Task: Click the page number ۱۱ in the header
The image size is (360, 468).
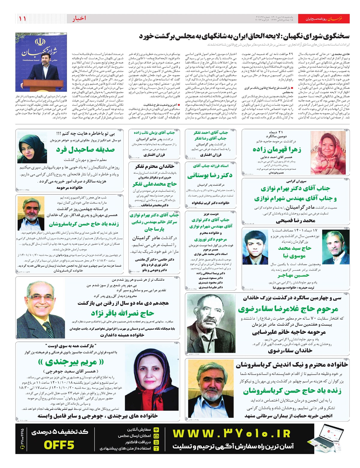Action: click(x=22, y=19)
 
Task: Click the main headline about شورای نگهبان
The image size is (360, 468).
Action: click(x=244, y=36)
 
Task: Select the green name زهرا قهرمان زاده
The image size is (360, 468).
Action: click(x=277, y=149)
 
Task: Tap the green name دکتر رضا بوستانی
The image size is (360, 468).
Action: click(x=210, y=175)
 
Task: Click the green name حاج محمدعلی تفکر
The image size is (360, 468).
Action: click(x=154, y=184)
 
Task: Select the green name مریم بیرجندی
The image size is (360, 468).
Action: click(x=71, y=362)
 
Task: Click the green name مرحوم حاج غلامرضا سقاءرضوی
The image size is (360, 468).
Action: click(x=288, y=309)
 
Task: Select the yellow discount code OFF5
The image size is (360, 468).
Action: click(x=59, y=445)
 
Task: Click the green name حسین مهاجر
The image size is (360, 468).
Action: click(x=293, y=275)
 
